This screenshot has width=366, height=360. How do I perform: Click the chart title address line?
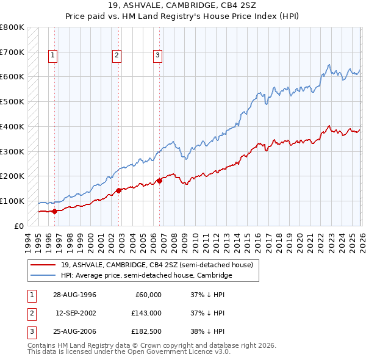[x=183, y=6]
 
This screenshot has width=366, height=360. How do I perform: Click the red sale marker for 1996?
[x=54, y=211]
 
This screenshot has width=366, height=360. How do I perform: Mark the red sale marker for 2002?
[x=118, y=190]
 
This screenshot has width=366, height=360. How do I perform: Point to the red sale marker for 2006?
[x=159, y=181]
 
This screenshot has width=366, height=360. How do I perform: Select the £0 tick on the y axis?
[x=20, y=226]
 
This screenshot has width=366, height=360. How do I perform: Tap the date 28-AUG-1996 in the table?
[x=76, y=295]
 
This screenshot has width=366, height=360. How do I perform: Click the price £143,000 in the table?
[x=147, y=313]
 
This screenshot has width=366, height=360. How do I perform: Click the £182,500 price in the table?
[x=147, y=331]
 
